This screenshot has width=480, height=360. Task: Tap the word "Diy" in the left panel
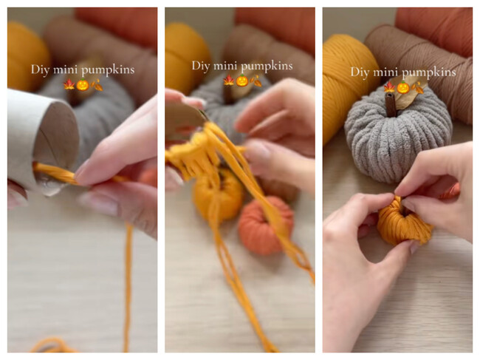coord(40,69)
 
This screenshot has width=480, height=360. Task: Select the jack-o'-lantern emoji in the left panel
coord(83,84)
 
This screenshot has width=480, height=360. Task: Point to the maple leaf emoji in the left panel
coord(69,84)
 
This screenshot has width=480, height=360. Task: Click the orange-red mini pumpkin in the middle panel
coord(265,225)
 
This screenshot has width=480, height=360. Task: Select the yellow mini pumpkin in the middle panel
coord(216,196)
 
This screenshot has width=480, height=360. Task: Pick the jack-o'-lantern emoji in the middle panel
coord(242,81)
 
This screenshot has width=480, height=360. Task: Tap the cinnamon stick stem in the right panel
coord(389,104)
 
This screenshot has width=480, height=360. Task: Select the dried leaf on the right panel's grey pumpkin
coord(408,92)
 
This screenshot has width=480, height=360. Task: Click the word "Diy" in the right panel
coord(360,72)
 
